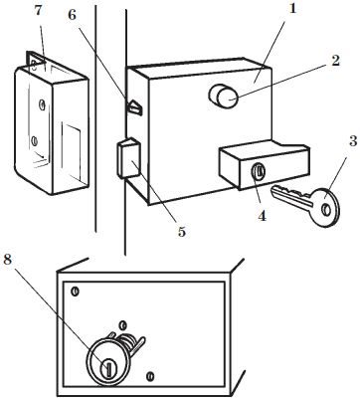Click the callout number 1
(x=291, y=9)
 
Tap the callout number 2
(x=335, y=61)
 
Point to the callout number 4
(x=262, y=216)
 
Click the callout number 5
(x=181, y=232)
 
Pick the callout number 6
(x=73, y=15)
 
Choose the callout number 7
(x=38, y=10)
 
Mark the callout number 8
(x=7, y=260)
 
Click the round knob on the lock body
(x=223, y=96)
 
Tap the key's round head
(x=326, y=208)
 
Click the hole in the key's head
(x=326, y=210)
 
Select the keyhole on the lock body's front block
(x=258, y=172)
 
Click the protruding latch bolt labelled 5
(x=128, y=158)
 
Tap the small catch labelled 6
(x=134, y=107)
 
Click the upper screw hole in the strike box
(x=42, y=105)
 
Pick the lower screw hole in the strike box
(x=34, y=141)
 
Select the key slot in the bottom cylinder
(x=107, y=369)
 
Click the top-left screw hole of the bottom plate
(x=76, y=292)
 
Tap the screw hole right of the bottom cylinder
(x=150, y=376)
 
